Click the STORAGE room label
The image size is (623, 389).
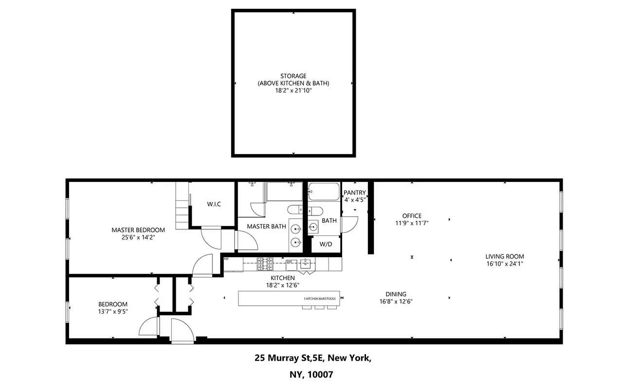293,76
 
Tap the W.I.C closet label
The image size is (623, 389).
214,204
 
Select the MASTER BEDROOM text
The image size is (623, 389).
138,230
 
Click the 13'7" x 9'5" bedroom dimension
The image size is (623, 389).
113,312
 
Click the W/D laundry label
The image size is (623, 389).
325,244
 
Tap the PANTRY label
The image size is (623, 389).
354,193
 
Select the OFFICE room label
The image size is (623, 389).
412,216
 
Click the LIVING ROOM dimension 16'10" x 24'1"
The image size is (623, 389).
505,264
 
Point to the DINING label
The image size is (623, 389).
396,294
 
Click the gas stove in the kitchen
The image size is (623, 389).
265,264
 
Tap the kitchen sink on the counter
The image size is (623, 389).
306,264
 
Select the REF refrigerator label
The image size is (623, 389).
226,259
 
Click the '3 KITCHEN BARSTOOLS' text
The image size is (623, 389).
320,299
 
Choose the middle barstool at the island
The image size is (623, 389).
320,307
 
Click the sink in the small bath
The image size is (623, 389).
313,226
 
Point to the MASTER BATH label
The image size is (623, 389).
266,226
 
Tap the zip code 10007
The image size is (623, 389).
320,375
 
